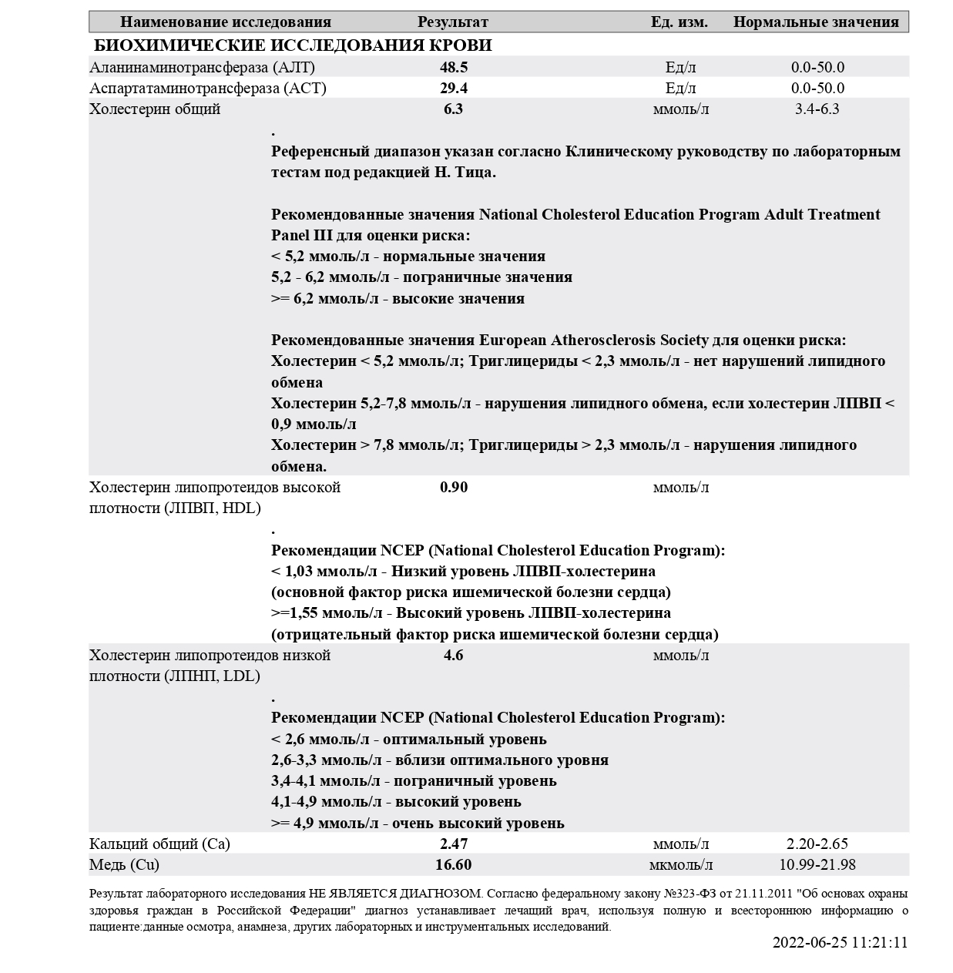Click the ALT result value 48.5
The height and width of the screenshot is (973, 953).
pos(454,68)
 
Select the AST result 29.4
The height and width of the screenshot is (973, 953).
pos(454,89)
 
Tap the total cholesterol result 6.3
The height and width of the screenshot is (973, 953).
pos(454,109)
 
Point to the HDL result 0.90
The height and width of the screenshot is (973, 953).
pos(454,488)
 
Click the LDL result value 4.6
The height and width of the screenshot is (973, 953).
pos(454,656)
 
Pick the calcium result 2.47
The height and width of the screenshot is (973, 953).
pos(454,844)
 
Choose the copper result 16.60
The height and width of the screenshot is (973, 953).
pos(454,865)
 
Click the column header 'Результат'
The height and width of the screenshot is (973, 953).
pos(453,22)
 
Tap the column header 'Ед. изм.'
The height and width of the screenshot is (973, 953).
pos(679,22)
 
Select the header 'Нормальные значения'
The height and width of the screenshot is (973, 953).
pos(816,22)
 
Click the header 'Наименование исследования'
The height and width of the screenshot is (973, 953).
pos(226,22)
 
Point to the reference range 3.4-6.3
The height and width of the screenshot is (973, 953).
pos(817,109)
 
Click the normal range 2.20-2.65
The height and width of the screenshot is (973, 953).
pos(817,844)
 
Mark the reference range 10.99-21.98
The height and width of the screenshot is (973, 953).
pos(817,865)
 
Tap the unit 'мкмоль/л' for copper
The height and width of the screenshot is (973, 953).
pos(681,865)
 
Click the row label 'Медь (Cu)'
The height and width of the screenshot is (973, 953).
pos(125,865)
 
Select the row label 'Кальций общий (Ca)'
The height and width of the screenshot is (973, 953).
pos(160,844)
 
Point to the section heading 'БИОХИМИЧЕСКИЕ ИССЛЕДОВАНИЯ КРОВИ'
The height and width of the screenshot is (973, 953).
pos(293,45)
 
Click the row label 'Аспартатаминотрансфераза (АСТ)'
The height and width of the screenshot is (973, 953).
pos(208,89)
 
